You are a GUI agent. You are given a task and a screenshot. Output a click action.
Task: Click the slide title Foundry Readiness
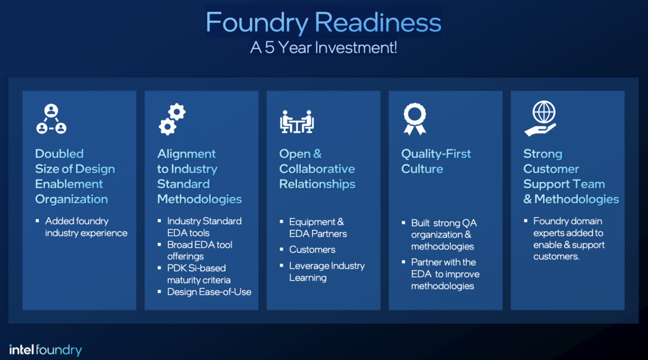coord(323,23)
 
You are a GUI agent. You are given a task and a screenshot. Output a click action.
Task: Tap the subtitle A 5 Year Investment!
coord(323,47)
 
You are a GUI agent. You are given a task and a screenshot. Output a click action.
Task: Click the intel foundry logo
coord(45,350)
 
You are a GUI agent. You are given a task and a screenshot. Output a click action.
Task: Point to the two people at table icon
coord(296,121)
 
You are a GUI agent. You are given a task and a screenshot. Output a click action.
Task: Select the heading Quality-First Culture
coord(436,161)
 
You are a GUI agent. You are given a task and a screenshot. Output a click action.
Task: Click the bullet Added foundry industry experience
coord(86,227)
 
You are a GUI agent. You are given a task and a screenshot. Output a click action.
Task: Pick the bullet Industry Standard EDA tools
coord(204,227)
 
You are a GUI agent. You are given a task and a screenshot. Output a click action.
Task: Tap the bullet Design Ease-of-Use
coord(209,292)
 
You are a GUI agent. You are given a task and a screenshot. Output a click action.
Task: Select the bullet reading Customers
coord(312,249)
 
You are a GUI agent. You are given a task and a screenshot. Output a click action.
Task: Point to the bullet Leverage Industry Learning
coord(326,271)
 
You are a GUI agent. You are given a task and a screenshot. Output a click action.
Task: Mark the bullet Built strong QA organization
coord(444,234)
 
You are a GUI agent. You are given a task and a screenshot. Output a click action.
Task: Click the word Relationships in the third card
coord(317,184)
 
